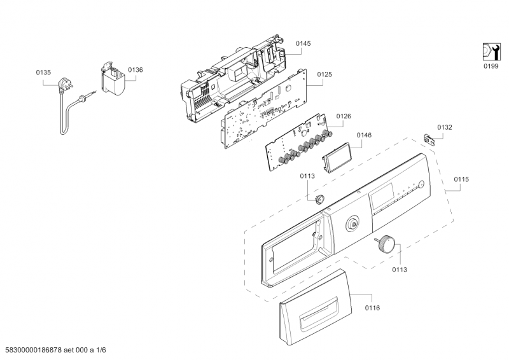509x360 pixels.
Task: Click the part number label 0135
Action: [x=43, y=73]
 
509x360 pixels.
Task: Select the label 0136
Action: [x=136, y=69]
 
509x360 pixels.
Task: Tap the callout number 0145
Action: [x=303, y=43]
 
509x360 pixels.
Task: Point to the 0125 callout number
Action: [x=324, y=74]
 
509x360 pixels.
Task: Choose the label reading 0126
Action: [x=344, y=116]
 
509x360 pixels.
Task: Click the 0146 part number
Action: [x=364, y=135]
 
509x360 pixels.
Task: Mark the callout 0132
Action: [x=445, y=127]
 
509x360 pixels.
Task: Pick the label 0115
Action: [x=461, y=179]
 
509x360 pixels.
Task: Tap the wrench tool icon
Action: [x=489, y=51]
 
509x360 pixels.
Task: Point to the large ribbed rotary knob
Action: [x=386, y=242]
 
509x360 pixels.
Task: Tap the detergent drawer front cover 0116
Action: [x=309, y=312]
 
